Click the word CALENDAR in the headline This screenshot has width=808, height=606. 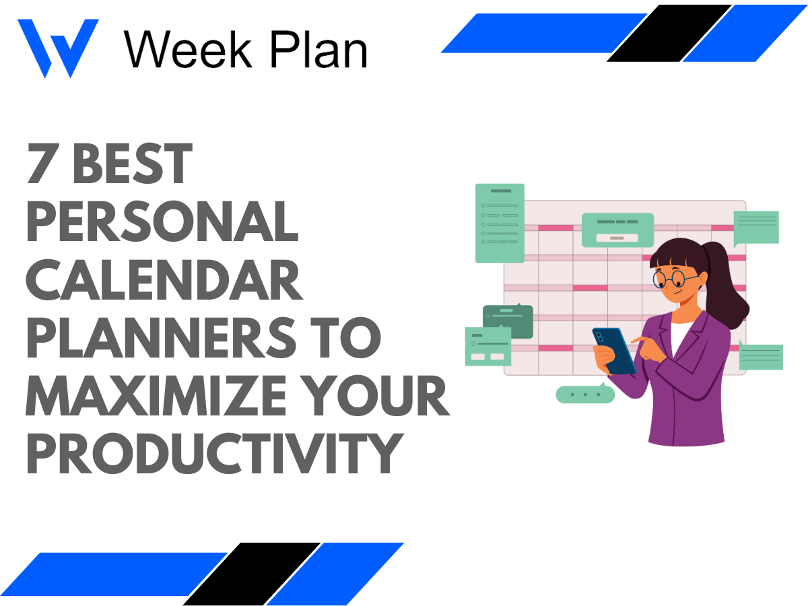click(164, 281)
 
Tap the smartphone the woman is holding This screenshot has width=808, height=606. click(613, 350)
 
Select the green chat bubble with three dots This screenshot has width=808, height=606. click(584, 394)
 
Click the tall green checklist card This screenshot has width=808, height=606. click(500, 223)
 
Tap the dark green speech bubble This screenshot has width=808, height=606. click(508, 322)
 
